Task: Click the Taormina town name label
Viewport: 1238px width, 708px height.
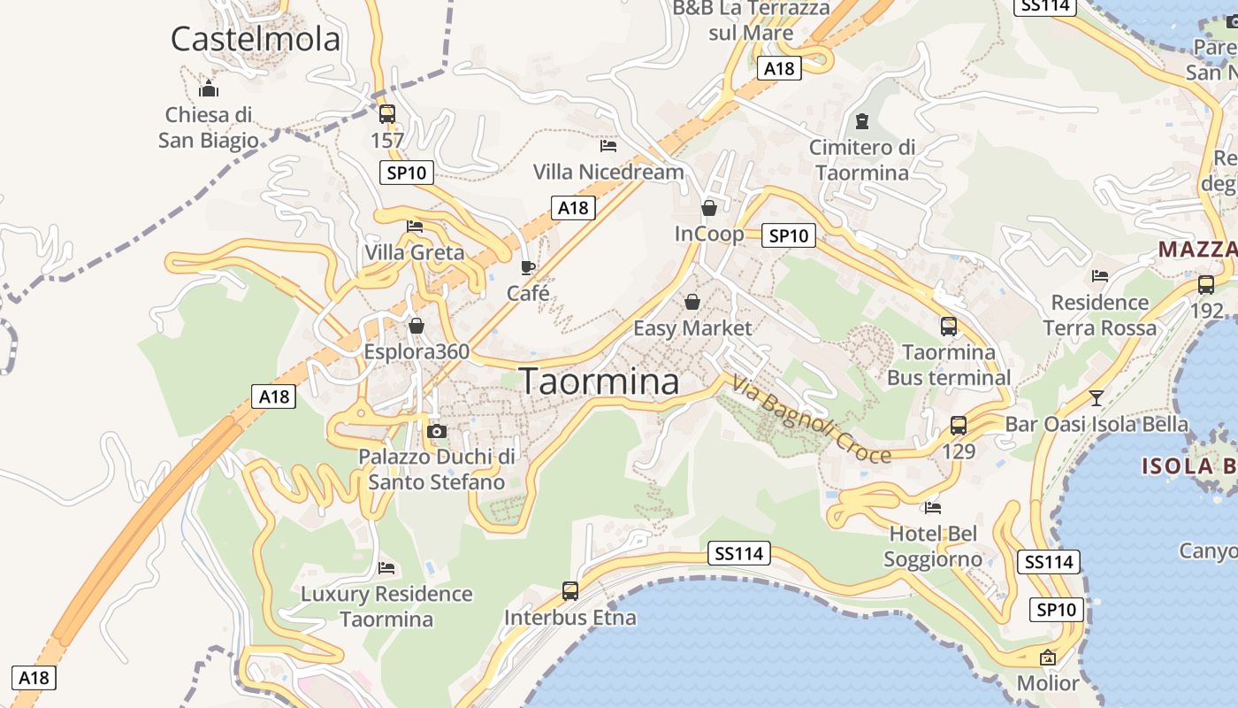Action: (x=600, y=381)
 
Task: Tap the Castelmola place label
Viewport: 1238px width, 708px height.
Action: (x=255, y=39)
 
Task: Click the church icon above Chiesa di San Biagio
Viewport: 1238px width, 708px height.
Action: (x=209, y=88)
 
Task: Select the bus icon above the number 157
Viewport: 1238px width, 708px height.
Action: (x=386, y=114)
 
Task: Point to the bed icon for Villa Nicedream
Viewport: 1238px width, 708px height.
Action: (x=608, y=145)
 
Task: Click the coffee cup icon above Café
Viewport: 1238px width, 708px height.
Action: (x=528, y=266)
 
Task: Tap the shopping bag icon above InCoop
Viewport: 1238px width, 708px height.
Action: (x=709, y=208)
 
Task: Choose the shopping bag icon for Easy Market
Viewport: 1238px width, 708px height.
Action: (x=692, y=302)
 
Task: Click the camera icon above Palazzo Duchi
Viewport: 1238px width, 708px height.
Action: (x=436, y=431)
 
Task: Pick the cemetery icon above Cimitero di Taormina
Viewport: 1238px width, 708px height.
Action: (x=862, y=121)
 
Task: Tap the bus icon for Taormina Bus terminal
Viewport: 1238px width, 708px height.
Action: (x=949, y=326)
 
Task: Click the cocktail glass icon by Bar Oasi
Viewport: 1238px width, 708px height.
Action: (x=1097, y=397)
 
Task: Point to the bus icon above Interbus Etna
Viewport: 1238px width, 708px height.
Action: (x=570, y=590)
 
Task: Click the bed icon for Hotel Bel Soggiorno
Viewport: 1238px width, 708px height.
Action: (x=932, y=507)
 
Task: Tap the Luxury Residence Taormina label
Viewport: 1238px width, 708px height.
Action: (x=386, y=606)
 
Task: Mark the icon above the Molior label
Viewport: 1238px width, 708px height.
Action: (x=1048, y=657)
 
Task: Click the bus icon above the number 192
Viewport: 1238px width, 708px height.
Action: (x=1206, y=284)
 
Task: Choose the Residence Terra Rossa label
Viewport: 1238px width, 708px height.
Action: (x=1099, y=315)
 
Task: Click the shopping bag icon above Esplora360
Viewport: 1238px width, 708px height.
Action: (x=416, y=326)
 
